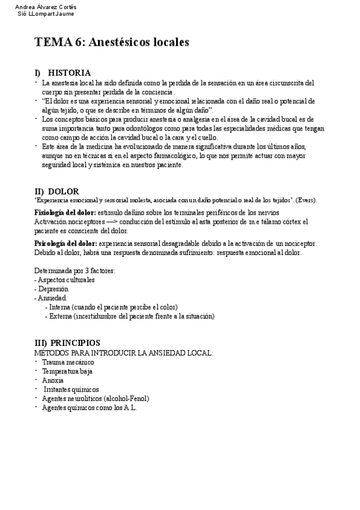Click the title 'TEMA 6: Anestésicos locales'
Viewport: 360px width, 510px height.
pos(112,42)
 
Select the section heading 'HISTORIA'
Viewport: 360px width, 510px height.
pos(69,73)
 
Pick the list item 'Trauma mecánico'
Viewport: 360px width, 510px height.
pos(68,362)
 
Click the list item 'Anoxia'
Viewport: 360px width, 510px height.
pos(53,380)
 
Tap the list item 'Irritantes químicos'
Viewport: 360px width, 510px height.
pos(72,389)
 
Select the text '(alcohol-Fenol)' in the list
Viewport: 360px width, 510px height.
pos(126,398)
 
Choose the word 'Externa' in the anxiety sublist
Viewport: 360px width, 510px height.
pos(61,316)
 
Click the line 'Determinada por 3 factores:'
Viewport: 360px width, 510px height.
pos(75,271)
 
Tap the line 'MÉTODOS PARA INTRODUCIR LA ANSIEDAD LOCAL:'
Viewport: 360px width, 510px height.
pos(124,352)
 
